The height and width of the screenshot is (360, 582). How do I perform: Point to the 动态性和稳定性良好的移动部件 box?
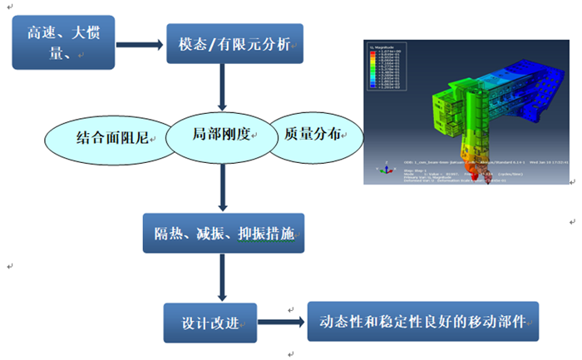click(x=422, y=321)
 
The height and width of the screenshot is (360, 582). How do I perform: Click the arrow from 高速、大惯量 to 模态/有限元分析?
click(x=132, y=42)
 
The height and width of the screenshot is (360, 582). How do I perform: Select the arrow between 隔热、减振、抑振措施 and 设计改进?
click(x=222, y=278)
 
